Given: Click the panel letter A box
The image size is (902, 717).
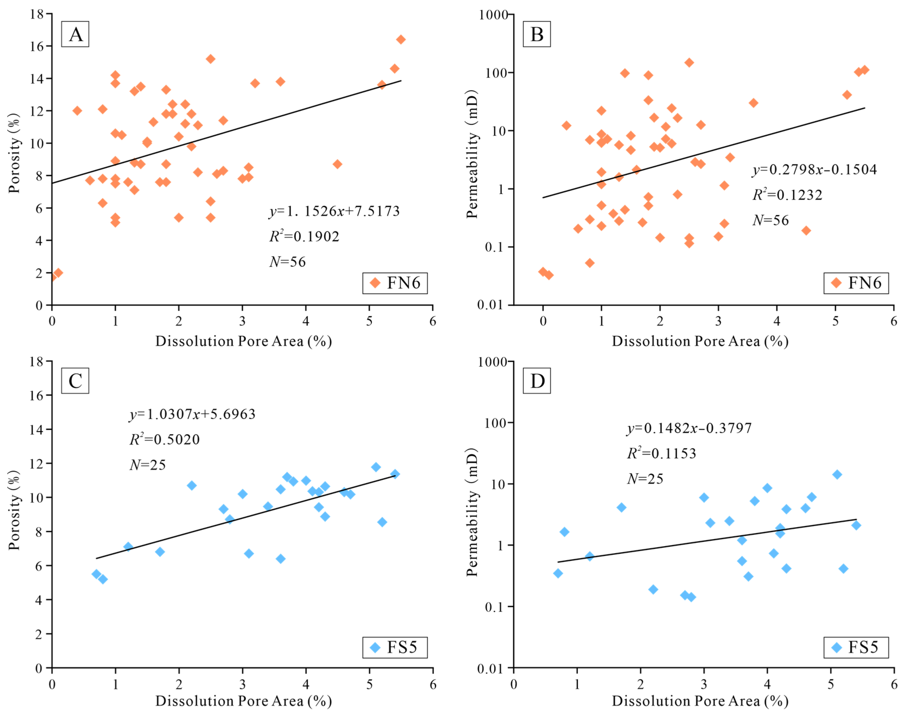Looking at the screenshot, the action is click(75, 34).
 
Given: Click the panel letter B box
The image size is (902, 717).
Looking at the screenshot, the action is click(537, 34).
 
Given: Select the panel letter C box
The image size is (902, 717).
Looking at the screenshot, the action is click(75, 381).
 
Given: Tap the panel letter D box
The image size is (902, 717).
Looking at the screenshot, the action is click(537, 381).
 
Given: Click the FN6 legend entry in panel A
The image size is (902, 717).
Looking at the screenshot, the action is click(395, 283).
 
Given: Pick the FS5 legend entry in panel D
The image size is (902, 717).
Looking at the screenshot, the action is click(856, 647).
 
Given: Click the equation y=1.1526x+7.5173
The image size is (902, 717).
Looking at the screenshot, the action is click(334, 211).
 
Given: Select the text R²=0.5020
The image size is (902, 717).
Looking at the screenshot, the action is click(164, 439).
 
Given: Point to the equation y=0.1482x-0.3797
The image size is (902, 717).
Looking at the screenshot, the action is click(689, 428).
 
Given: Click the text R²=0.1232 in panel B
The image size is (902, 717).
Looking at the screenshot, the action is click(787, 195).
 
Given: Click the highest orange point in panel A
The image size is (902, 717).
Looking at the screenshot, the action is click(401, 39).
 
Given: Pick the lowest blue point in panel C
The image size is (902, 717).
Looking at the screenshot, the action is click(103, 579).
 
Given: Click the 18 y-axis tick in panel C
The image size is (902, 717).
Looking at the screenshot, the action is click(37, 361).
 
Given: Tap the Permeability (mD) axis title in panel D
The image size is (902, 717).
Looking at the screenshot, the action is click(472, 512).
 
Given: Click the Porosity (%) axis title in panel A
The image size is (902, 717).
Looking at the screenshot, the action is click(14, 153).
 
